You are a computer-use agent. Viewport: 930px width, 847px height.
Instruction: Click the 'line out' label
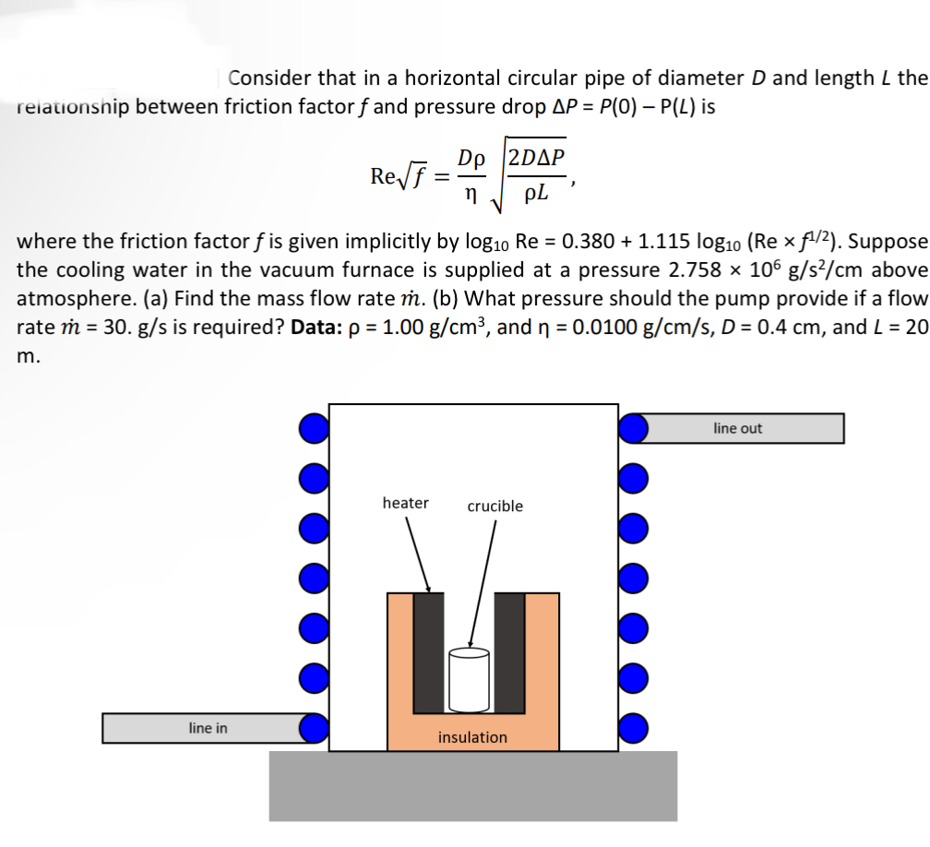point(737,428)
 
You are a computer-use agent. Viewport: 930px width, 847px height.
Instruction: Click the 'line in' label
point(208,728)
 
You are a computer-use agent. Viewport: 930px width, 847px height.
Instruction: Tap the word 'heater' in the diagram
point(405,503)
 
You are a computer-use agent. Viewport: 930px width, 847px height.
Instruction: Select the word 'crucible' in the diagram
point(495,506)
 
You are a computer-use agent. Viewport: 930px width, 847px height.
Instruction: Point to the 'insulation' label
point(472,737)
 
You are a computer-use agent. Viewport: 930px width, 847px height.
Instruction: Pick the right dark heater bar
point(510,651)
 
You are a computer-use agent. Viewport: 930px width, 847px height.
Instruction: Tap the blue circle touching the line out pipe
point(633,428)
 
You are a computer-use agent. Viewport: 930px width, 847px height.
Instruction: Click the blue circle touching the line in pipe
point(315,727)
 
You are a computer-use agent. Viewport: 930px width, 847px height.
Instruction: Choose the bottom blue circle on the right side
point(633,727)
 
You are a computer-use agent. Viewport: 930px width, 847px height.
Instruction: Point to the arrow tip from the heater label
point(429,591)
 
